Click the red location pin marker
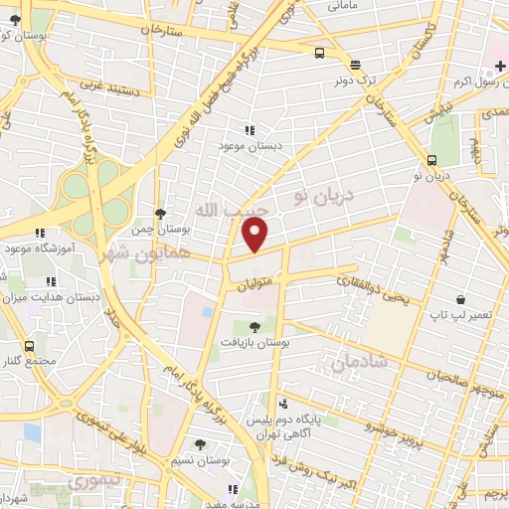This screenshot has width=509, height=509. pos(255,236)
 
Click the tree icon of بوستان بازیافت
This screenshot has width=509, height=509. pos(254,327)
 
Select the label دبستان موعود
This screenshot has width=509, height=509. pos(251,145)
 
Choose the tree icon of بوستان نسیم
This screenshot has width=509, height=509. pos(201,444)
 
